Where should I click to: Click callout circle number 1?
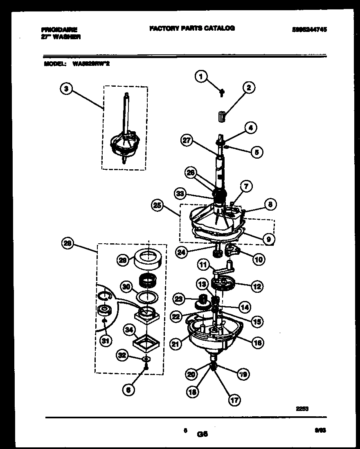(201, 76)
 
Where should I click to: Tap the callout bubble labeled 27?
(186, 140)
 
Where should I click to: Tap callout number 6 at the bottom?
(128, 390)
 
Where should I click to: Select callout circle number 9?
(268, 239)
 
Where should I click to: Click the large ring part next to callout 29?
(148, 258)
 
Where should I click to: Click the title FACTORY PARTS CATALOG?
(192, 28)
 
